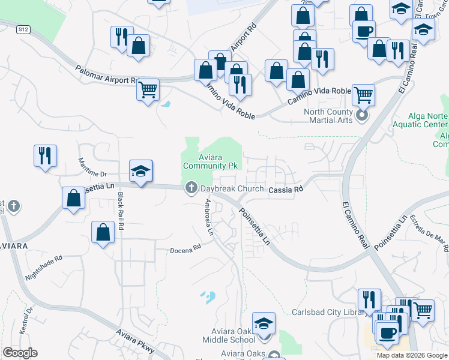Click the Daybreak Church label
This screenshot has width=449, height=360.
(232, 188)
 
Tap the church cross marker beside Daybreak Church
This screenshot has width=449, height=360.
(191, 188)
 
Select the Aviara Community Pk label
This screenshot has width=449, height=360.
(205, 161)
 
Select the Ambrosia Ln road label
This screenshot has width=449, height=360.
(209, 219)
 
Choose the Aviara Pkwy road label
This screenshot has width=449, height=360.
(135, 341)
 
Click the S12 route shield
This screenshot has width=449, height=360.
(23, 28)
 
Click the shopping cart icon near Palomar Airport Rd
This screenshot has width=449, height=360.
(148, 90)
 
